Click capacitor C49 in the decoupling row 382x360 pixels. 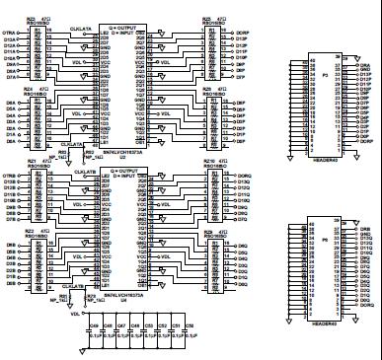[94, 330]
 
